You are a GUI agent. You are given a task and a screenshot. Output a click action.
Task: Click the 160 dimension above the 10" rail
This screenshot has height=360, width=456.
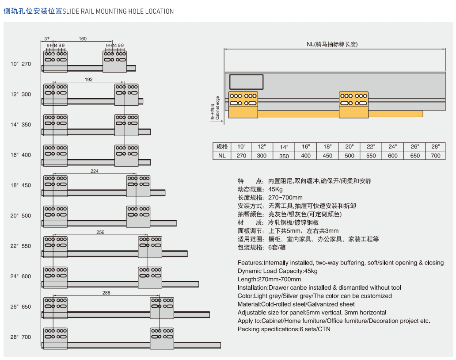coord(83,39)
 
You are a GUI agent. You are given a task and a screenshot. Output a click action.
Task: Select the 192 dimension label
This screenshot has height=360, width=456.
coord(88,80)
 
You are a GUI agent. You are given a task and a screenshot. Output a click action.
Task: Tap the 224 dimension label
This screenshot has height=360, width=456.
coord(94,171)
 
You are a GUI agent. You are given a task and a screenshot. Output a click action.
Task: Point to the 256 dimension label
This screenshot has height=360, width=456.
coord(100,232)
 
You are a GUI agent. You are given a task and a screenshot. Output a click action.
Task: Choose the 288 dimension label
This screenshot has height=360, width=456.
coord(106,293)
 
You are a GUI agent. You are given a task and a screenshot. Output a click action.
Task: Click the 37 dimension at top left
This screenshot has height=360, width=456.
coord(47,39)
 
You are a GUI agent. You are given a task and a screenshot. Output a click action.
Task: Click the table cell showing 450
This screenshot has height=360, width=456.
coord(327,156)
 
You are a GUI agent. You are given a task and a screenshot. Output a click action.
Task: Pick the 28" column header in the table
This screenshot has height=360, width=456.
coord(436,147)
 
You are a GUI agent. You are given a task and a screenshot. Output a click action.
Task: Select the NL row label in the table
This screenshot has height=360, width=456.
coord(222,156)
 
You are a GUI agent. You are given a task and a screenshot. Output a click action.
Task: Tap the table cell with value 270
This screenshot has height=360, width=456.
coord(241,156)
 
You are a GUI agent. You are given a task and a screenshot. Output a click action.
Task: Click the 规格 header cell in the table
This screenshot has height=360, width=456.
coord(222,147)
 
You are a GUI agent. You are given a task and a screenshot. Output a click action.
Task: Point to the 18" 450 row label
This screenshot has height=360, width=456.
coord(21,185)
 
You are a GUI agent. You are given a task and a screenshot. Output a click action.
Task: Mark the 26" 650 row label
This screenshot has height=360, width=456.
coord(21,307)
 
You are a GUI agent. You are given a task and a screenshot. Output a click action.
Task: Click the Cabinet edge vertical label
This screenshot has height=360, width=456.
coord(215,108)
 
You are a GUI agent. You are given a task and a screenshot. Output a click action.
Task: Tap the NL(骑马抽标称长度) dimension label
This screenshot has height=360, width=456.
coord(332,44)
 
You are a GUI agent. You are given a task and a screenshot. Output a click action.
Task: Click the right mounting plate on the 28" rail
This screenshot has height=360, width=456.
coord(162,338)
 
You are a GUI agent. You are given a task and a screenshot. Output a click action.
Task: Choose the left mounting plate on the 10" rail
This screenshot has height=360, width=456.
coord(55,61)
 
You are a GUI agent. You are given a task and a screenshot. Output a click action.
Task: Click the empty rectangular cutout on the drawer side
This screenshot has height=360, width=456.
coord(247,82)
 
